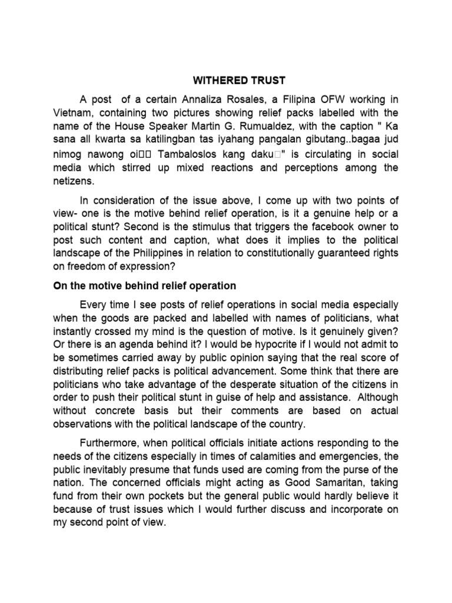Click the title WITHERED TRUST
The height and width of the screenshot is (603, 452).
225,79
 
